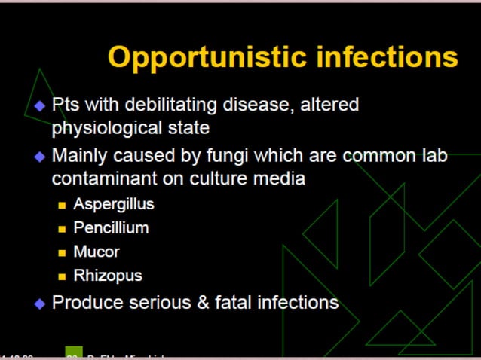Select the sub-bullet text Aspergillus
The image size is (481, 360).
(x=114, y=203)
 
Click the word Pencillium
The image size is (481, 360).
(x=111, y=227)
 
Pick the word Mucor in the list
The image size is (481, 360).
(x=97, y=252)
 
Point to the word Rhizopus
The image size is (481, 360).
(x=108, y=276)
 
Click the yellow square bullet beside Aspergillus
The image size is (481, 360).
(x=63, y=205)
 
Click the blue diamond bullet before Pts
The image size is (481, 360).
(x=40, y=105)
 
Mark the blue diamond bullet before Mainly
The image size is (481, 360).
(x=40, y=157)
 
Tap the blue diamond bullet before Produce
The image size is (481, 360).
(x=40, y=304)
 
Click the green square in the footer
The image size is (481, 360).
(x=74, y=353)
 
